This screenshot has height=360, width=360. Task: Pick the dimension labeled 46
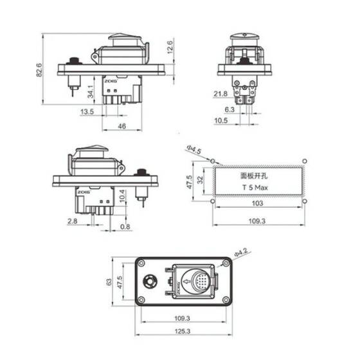click(x=122, y=126)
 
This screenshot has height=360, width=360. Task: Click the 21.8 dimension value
click(x=220, y=94)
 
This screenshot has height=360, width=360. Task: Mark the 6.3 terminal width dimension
click(x=248, y=109)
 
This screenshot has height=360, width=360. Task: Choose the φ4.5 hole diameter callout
click(x=195, y=152)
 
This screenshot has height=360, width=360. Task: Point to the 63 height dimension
click(x=110, y=281)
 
